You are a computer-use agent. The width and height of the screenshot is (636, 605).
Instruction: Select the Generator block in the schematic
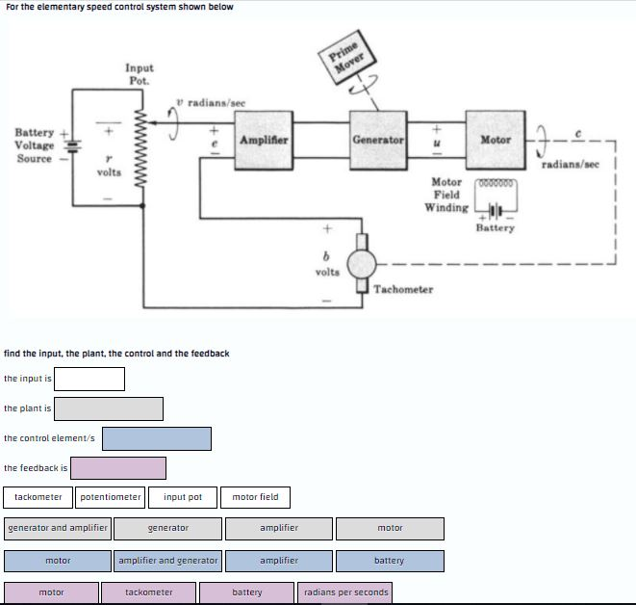pos(378,141)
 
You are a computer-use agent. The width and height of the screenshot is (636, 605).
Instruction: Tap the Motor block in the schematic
pos(496,141)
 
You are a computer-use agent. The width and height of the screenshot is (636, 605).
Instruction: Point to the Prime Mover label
pos(343,54)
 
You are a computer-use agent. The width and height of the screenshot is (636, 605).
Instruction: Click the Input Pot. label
pos(139,74)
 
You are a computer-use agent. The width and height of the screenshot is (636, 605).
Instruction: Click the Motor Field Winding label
pos(447,195)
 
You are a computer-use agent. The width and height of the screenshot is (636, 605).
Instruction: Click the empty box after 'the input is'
pos(89,379)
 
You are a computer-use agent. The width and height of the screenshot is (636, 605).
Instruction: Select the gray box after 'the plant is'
pos(109,408)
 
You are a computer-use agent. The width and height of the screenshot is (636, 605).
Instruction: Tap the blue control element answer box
pos(157,438)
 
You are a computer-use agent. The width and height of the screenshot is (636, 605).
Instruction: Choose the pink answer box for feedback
pos(118,468)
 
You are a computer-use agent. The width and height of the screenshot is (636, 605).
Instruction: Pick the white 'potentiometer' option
pos(111,497)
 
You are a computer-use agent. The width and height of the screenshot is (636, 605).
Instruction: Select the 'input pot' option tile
pos(183,497)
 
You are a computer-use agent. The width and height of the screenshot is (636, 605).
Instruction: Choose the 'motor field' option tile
pos(256,497)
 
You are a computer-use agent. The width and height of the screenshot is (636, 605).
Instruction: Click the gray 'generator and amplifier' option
pos(58,528)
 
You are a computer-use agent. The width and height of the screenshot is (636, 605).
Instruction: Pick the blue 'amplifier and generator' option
pos(168,561)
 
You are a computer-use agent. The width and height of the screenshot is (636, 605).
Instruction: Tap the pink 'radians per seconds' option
pos(344,592)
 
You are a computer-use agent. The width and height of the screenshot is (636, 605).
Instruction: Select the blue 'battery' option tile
pos(390,561)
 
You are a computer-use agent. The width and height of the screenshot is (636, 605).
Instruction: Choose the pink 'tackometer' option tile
pos(149,592)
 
